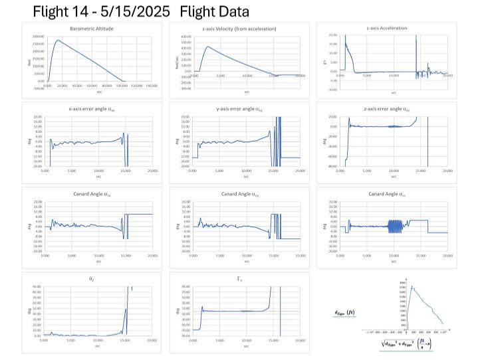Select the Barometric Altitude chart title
(91, 29)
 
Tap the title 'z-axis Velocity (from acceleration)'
(246, 29)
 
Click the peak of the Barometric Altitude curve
(59, 40)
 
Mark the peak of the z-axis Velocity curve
(207, 46)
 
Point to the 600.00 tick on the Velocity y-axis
(186, 37)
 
